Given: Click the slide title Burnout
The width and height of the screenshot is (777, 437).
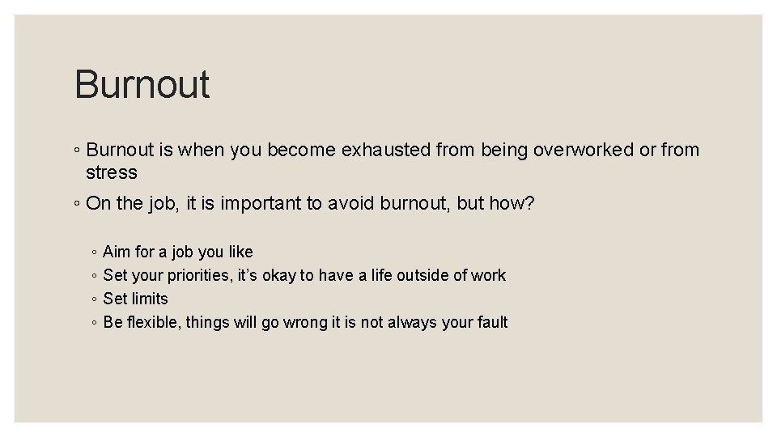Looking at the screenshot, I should (142, 84).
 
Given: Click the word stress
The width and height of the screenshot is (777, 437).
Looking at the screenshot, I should (112, 172).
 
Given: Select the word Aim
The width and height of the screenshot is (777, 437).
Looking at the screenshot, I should (117, 252).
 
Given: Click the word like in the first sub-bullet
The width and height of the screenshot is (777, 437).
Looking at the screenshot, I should (238, 252).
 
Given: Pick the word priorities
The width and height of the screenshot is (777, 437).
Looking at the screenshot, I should (200, 276).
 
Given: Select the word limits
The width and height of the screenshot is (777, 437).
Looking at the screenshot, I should (151, 299).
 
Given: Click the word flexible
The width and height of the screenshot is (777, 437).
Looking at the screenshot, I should (154, 323).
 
